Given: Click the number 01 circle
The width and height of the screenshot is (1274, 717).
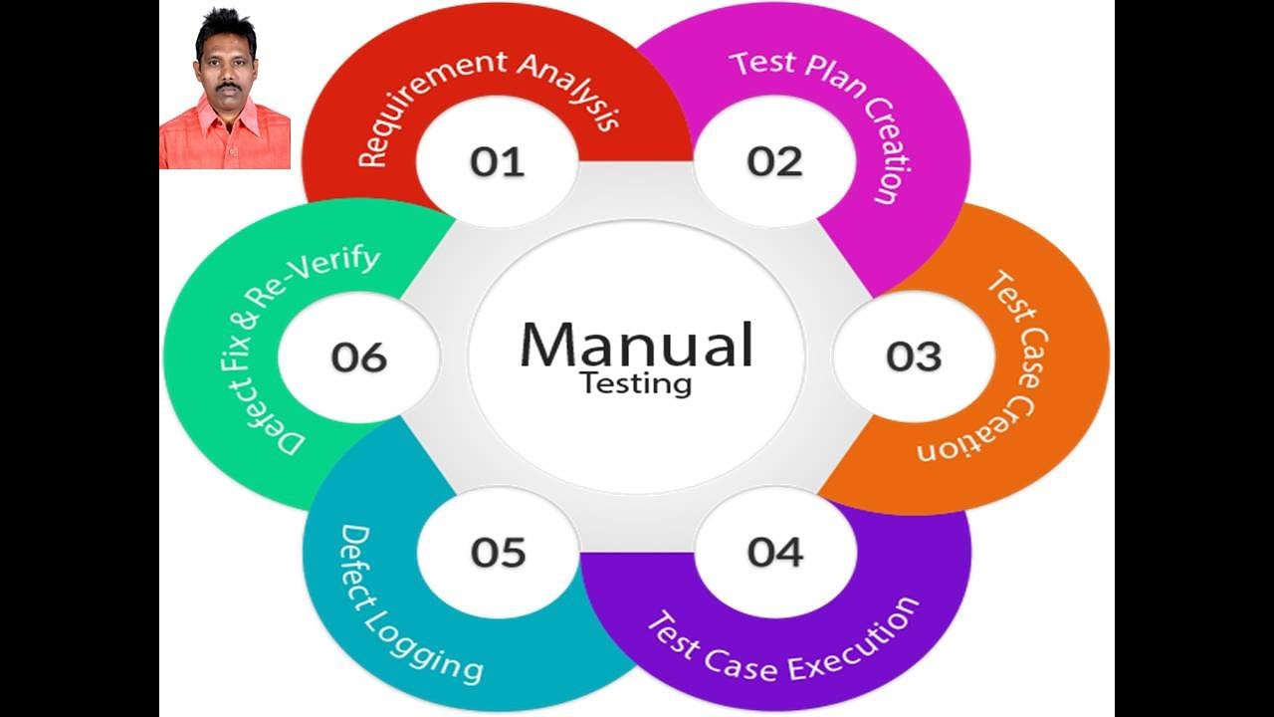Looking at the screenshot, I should click(497, 161).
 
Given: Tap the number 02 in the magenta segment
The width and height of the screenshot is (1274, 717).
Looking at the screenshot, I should click(774, 161).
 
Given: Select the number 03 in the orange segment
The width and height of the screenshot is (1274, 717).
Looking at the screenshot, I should click(914, 357).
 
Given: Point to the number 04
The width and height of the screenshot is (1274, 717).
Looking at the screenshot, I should click(774, 551).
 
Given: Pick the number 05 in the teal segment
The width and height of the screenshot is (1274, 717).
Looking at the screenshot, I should click(498, 551).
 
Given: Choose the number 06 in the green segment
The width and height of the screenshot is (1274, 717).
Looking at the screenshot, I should click(359, 357).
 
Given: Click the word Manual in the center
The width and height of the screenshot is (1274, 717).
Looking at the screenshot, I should click(636, 345).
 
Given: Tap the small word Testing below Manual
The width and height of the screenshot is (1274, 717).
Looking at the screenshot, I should click(636, 382).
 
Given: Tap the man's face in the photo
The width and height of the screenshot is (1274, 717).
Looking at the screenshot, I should click(225, 71).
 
